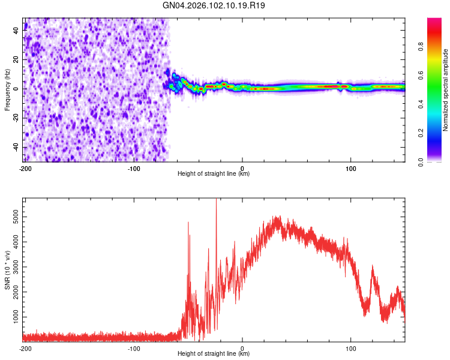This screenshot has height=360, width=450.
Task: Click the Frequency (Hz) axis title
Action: [x=7, y=90]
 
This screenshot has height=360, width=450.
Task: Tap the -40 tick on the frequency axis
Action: [x=16, y=148]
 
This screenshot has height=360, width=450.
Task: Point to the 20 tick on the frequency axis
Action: [x=17, y=59]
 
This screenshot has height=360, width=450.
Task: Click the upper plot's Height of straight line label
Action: [x=214, y=173]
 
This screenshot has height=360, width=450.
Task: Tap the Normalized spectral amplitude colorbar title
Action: [x=445, y=90]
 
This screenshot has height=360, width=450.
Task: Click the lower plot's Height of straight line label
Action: [x=214, y=354]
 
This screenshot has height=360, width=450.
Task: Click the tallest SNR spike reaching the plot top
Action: [x=216, y=201]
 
